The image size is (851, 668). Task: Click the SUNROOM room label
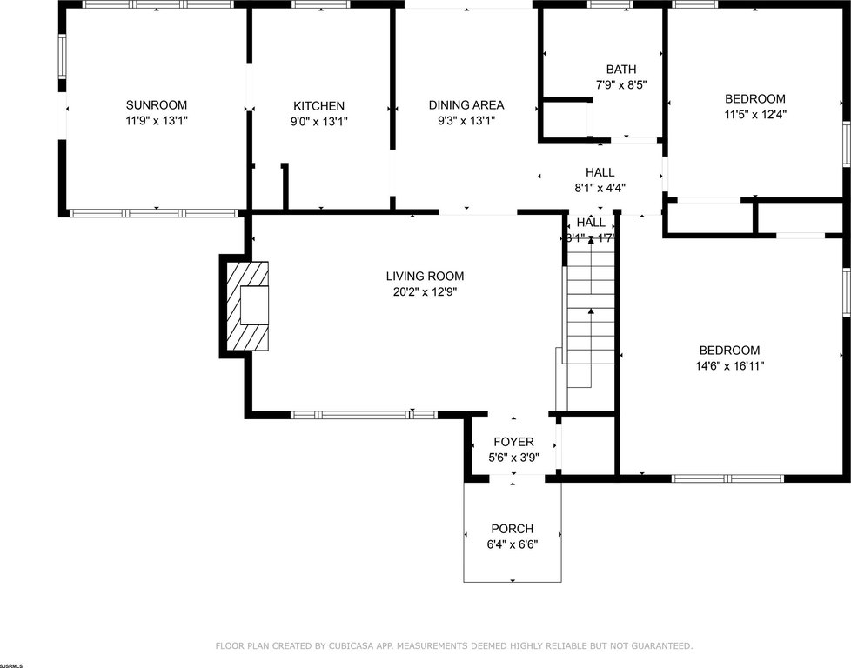156,105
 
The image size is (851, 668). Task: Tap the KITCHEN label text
318,105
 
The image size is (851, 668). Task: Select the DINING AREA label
466,105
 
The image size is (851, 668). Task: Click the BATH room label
621,70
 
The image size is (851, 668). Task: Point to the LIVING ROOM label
425,277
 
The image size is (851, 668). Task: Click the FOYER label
513,442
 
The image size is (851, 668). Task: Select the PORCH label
512,529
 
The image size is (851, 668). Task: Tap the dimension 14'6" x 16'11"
730,366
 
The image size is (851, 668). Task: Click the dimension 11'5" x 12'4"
754,114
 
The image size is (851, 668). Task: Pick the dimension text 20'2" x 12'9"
425,292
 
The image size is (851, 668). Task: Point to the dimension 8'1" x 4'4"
600,187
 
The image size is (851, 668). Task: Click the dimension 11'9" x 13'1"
156,121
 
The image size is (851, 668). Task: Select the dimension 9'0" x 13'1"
318,121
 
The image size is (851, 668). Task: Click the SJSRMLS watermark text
12,664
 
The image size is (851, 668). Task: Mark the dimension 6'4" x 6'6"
512,544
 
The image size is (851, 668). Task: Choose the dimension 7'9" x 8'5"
621,85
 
